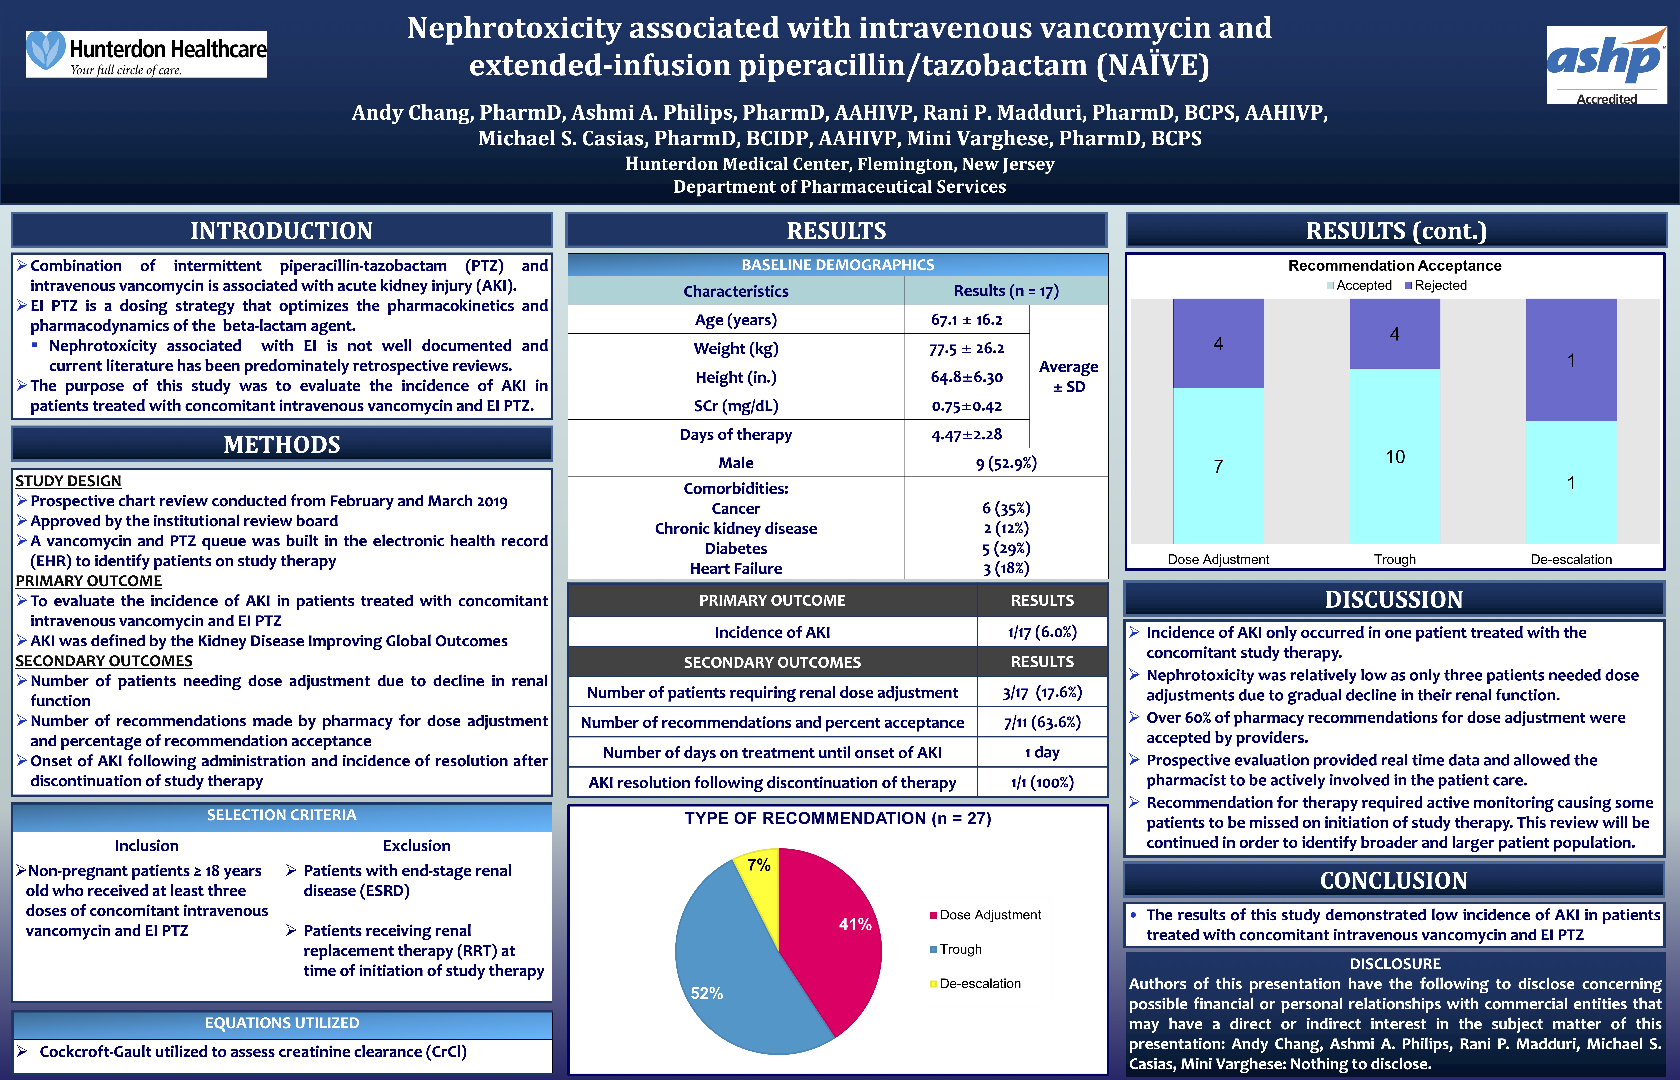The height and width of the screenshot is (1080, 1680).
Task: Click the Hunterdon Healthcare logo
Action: [146, 54]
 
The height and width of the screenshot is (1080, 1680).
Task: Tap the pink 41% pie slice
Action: [834, 933]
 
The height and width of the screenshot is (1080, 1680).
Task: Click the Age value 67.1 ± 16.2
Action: [967, 320]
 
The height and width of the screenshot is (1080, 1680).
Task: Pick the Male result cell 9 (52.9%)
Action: [1006, 463]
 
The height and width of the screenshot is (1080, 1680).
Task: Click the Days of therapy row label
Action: [736, 435]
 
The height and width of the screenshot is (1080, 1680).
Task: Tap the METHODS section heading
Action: [282, 445]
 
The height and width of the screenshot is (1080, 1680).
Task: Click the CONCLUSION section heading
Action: [1394, 880]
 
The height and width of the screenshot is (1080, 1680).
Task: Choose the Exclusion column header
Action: [416, 846]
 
